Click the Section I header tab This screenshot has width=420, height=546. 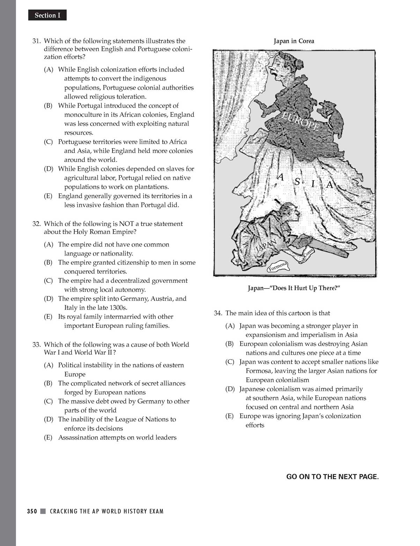pyautogui.click(x=47, y=15)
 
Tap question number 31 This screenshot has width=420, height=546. pyautogui.click(x=37, y=41)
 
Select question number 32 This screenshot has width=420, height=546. pyautogui.click(x=37, y=224)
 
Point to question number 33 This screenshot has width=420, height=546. pyautogui.click(x=37, y=345)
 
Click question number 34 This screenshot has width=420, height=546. pyautogui.click(x=218, y=313)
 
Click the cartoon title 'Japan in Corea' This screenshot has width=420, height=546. pyautogui.click(x=294, y=41)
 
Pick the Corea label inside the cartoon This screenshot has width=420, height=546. pyautogui.click(x=308, y=253)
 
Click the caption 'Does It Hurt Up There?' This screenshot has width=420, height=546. pyautogui.click(x=294, y=288)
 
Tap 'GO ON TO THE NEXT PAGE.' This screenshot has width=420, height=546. pyautogui.click(x=332, y=477)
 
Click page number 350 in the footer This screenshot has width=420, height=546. pyautogui.click(x=32, y=511)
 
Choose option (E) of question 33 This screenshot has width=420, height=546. pyautogui.click(x=48, y=437)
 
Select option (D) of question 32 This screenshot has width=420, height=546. pyautogui.click(x=48, y=298)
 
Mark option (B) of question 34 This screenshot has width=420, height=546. pyautogui.click(x=229, y=344)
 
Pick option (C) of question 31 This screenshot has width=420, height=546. pyautogui.click(x=48, y=142)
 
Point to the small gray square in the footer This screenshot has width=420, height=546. pyautogui.click(x=43, y=511)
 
